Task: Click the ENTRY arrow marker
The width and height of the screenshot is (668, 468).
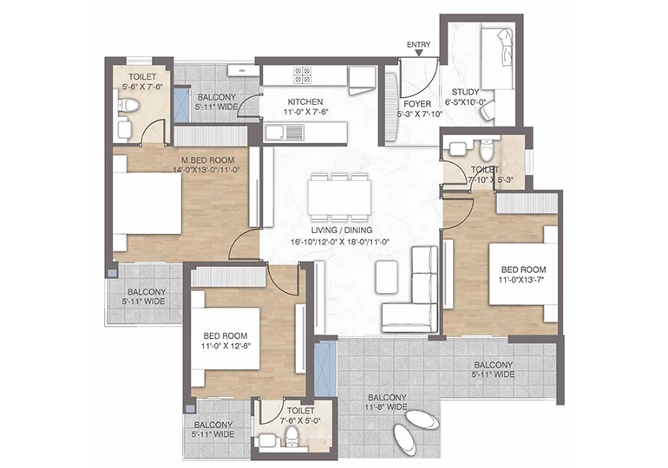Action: click(419, 53)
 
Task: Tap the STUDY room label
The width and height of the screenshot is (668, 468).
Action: click(465, 92)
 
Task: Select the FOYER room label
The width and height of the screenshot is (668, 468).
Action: click(417, 104)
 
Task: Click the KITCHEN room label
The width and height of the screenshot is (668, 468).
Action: click(305, 102)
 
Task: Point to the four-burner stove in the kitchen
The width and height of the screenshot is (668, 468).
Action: click(302, 75)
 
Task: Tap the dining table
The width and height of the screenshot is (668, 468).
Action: click(339, 198)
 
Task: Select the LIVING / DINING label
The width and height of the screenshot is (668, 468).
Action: click(342, 231)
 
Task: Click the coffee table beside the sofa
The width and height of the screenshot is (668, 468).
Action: click(387, 276)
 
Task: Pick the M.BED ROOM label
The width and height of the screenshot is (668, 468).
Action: click(208, 160)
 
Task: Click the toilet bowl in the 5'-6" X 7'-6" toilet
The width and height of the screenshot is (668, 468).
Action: click(128, 105)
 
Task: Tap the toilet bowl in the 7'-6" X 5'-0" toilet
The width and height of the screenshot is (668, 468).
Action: click(291, 436)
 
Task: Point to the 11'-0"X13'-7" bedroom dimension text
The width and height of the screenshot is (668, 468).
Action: click(522, 280)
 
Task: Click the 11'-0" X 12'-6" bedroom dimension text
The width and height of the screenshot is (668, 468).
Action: click(226, 346)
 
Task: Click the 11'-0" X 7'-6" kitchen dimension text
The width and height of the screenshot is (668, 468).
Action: click(305, 112)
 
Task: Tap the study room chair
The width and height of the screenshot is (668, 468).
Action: click(487, 112)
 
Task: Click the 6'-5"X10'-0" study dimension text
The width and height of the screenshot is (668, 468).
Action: click(468, 102)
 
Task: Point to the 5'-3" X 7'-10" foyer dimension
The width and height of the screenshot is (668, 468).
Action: click(420, 114)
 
